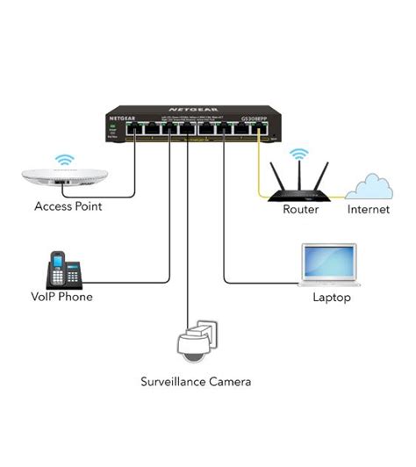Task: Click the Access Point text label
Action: [x=68, y=207]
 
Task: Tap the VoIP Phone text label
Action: [x=61, y=297]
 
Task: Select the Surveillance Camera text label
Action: [x=197, y=382]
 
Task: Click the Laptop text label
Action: [x=332, y=298]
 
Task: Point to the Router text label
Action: [x=300, y=210]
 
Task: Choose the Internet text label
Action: [x=368, y=210]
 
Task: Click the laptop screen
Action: [x=330, y=261]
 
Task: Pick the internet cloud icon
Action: [x=369, y=185]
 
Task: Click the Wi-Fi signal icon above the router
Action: [x=300, y=154]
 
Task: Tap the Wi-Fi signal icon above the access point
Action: [x=63, y=161]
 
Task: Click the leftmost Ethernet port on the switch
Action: [x=130, y=131]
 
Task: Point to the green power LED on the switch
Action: [x=112, y=128]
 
